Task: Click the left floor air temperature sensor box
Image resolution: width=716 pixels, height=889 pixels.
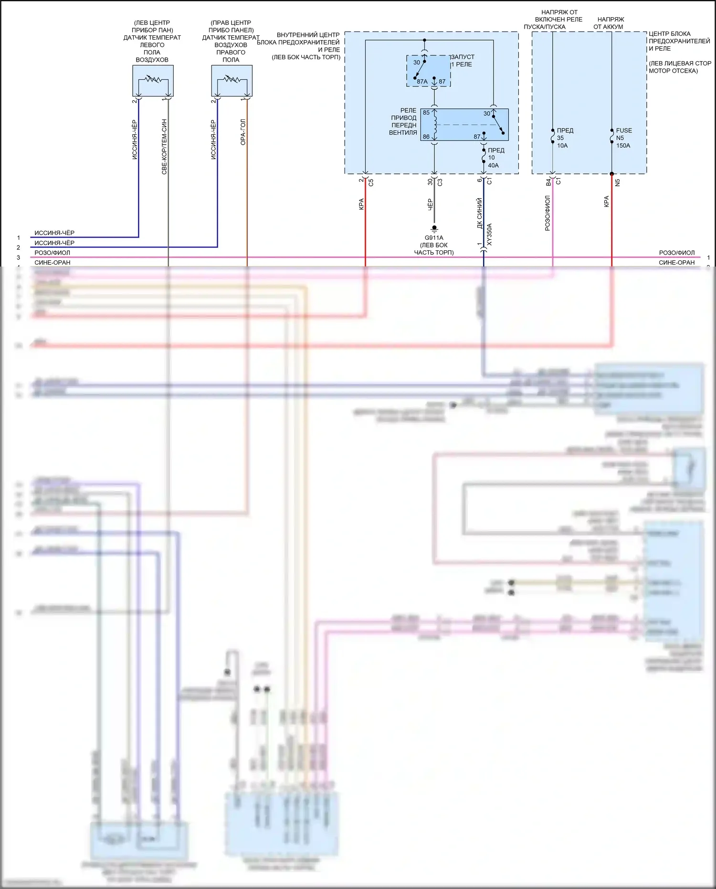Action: click(153, 81)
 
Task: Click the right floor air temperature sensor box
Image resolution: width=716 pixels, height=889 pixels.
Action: click(232, 81)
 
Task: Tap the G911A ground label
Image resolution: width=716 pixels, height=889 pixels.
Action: click(434, 237)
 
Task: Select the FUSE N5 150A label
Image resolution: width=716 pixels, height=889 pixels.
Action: click(623, 138)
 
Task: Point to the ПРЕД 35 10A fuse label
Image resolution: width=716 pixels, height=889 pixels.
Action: click(564, 138)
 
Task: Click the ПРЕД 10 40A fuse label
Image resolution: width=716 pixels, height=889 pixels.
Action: click(495, 158)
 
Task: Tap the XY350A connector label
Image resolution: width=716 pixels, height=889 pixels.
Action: click(489, 234)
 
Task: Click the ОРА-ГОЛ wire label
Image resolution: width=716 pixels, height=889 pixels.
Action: click(243, 132)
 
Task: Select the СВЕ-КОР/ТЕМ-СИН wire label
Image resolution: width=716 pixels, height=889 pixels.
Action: click(164, 147)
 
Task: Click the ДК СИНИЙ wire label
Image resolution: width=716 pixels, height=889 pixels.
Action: click(480, 213)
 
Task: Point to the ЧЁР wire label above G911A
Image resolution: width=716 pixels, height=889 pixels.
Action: click(430, 204)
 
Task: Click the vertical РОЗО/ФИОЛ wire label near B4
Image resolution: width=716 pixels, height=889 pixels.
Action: click(548, 213)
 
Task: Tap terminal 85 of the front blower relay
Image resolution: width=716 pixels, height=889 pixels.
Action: click(426, 113)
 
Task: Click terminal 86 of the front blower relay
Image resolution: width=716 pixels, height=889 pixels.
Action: click(426, 137)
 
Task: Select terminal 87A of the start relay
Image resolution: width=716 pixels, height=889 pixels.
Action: click(422, 82)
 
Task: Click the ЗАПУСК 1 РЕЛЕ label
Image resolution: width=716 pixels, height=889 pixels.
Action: click(462, 60)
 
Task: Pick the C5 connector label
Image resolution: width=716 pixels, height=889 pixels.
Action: click(371, 182)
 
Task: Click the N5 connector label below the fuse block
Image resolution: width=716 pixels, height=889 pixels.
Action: click(617, 182)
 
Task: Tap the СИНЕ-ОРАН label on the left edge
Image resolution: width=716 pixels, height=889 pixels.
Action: click(53, 262)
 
